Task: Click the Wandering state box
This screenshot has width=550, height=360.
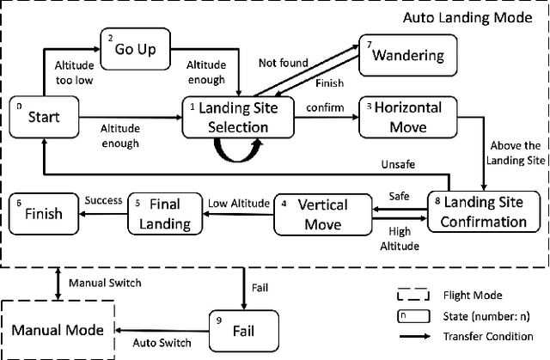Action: point(406,57)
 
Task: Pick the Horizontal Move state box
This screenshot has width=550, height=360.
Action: point(404,117)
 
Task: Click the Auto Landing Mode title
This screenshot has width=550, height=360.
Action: point(467,16)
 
